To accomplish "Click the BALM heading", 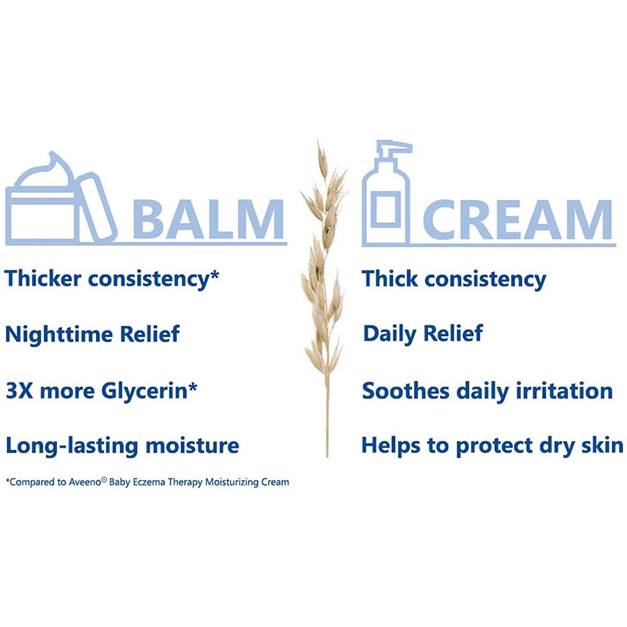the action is [x=208, y=219].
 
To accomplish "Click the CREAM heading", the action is [x=517, y=220].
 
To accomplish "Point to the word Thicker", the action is [x=43, y=279].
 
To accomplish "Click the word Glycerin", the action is [x=145, y=391].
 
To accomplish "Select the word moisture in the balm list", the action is [x=192, y=446].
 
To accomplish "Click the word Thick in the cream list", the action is [x=389, y=279].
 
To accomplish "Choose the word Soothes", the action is [x=405, y=391].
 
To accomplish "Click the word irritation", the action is [x=564, y=391].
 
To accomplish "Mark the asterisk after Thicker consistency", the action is [x=214, y=275].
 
